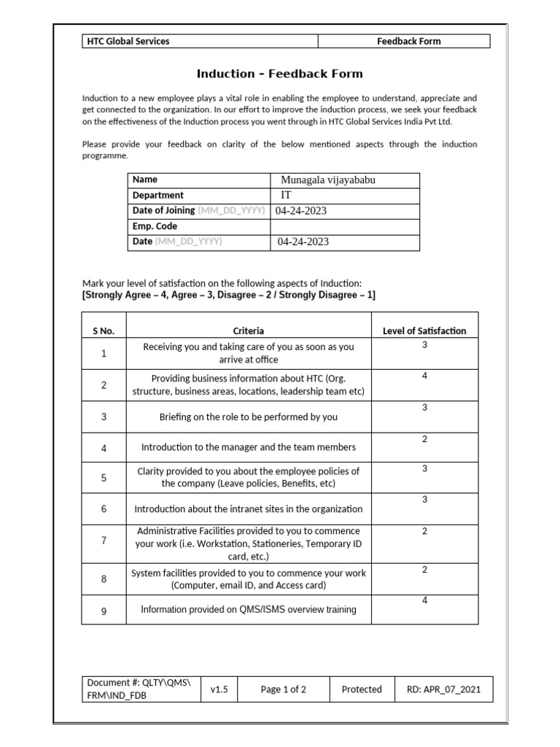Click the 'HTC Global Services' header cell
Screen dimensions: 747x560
(128, 42)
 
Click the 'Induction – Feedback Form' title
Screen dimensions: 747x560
(279, 74)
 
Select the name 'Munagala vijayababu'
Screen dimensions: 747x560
(328, 180)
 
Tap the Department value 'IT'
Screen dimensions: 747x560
(287, 196)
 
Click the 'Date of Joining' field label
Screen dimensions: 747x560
(163, 211)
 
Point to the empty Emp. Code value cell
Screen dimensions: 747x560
(346, 227)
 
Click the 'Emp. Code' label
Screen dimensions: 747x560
(155, 227)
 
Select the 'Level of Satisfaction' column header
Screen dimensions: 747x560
(424, 331)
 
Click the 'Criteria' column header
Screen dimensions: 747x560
(249, 331)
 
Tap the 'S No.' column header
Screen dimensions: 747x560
(104, 331)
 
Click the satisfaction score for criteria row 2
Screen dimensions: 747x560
(424, 376)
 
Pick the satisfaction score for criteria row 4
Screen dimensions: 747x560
(424, 439)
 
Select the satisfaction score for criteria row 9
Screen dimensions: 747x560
(424, 600)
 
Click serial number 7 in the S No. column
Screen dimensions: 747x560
(104, 541)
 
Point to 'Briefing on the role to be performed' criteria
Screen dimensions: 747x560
(249, 417)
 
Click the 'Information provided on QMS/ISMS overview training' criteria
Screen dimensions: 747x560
(249, 610)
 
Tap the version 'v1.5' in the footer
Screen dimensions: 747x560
(219, 689)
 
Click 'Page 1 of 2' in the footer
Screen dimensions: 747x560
(283, 689)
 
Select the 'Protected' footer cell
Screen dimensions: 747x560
(362, 689)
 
